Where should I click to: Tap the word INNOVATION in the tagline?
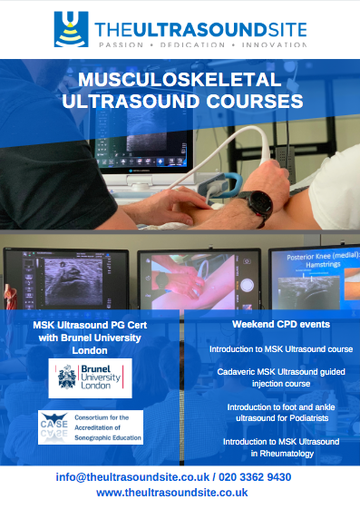pyautogui.click(x=273, y=44)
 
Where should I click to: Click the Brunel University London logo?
pyautogui.click(x=91, y=377)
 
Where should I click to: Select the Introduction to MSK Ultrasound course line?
pyautogui.click(x=281, y=348)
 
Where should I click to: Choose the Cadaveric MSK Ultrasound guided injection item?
pyautogui.click(x=281, y=378)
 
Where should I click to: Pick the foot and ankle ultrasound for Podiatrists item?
pyautogui.click(x=281, y=413)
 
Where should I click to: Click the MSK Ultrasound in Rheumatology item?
pyautogui.click(x=281, y=446)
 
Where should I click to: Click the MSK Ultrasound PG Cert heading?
pyautogui.click(x=91, y=325)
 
